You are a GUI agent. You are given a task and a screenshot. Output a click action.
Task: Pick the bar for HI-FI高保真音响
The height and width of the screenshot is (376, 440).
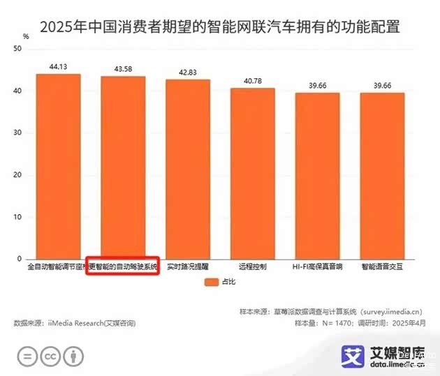(x=317, y=176)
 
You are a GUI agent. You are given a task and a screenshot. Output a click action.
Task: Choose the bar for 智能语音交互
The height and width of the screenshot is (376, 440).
(x=382, y=176)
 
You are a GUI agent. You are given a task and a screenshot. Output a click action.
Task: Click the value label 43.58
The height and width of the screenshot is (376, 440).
(x=123, y=68)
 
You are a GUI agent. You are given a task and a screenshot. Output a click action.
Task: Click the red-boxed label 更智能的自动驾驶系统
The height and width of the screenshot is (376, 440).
(x=124, y=266)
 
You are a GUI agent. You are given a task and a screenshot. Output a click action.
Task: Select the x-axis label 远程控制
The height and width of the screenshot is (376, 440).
(x=253, y=266)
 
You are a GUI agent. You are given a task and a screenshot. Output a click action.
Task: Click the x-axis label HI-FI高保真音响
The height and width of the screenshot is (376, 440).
(x=317, y=266)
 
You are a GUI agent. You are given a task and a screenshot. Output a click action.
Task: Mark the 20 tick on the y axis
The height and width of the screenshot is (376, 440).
(x=19, y=175)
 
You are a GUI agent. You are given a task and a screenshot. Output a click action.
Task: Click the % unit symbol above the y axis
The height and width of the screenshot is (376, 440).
(x=26, y=35)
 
